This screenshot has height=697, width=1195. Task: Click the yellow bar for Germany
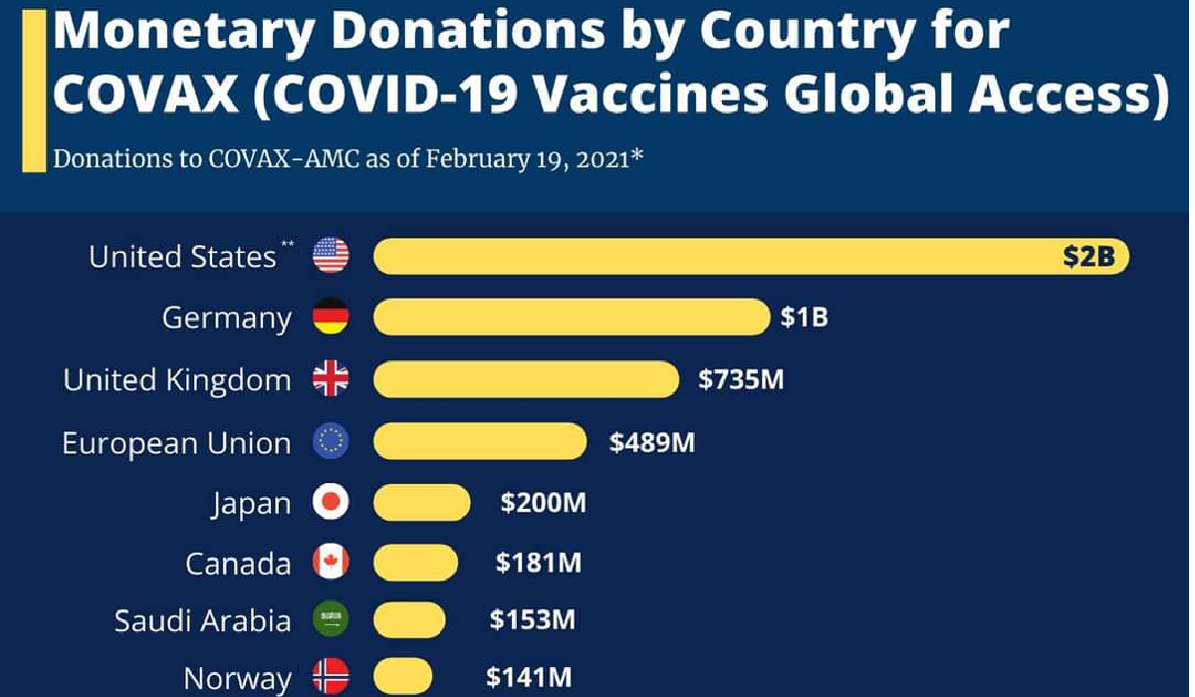point(572,318)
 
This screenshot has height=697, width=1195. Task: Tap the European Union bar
point(480,441)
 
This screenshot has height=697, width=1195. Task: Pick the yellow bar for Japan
point(421,503)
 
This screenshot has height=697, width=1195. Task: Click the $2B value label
point(1090,258)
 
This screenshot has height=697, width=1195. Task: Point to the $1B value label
point(805,319)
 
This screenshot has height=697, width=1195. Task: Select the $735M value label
point(741,379)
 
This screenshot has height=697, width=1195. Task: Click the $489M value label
point(652,442)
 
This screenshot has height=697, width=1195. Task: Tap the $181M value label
point(539,564)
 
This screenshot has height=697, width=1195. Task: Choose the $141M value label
point(529,679)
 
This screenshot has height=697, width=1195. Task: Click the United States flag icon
point(331,256)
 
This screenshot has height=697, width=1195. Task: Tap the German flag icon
point(331,318)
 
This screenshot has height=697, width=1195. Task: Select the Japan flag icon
point(331,503)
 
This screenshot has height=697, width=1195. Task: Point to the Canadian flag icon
point(331,563)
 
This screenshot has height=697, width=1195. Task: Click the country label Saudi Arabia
point(202,621)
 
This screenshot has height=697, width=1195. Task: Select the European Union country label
point(176,442)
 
